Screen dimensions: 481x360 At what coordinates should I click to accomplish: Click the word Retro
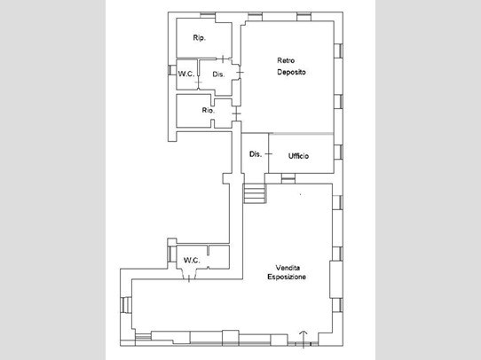coord(286,60)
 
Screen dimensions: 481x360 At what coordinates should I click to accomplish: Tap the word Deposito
coord(291,72)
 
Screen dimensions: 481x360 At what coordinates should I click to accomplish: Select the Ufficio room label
coord(298,156)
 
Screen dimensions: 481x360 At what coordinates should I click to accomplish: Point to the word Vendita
coord(288,268)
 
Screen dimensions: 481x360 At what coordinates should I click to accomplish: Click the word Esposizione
coord(287,277)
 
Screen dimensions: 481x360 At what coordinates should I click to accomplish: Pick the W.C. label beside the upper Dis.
coord(186,74)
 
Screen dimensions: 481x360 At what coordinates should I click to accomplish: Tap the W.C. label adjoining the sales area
coord(192,261)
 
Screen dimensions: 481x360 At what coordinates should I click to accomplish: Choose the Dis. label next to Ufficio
coord(256,154)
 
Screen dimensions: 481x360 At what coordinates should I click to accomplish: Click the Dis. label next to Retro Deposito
coord(218,74)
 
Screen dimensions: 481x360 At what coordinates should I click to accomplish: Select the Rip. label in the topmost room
coord(200,38)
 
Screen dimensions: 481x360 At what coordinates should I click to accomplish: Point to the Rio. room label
coord(209,110)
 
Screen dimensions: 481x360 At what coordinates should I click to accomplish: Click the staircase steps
coord(255,193)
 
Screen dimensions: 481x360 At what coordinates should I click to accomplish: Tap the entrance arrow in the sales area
coord(304,340)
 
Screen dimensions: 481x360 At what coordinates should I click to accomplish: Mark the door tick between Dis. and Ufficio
coord(269,153)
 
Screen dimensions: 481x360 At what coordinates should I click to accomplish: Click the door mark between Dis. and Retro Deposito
coord(240,73)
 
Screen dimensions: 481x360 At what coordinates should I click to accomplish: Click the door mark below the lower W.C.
coord(189,279)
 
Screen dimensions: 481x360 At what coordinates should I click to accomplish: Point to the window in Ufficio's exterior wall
coord(338,153)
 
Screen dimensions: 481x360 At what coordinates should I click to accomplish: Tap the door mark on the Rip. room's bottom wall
coord(223,59)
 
